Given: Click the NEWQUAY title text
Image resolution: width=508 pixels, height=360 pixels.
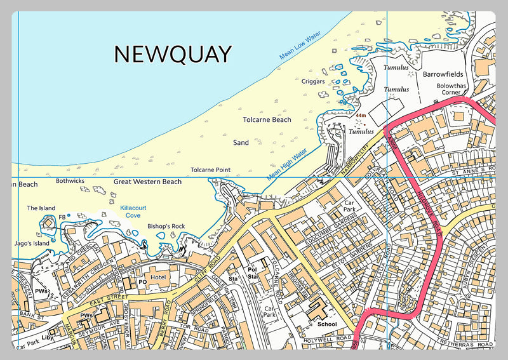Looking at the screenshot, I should coord(173,55).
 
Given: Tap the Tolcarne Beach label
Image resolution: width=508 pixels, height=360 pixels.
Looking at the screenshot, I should coord(267,119).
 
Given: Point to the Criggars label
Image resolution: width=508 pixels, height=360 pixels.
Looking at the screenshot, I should coord(314,82).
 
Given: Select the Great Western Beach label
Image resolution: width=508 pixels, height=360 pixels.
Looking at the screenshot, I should coord(147,182).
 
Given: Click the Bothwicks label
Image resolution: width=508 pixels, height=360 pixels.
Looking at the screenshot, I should coord(70,181).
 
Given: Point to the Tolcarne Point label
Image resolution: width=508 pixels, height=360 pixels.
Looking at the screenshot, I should coord(210,170).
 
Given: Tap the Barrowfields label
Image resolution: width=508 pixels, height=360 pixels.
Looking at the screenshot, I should coord(445,74).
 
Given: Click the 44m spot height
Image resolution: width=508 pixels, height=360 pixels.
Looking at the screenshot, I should coord(361,116).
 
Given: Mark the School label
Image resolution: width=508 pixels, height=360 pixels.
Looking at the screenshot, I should coord(327,324).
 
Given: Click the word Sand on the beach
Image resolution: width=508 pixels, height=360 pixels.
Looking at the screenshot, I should coord(241,143).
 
